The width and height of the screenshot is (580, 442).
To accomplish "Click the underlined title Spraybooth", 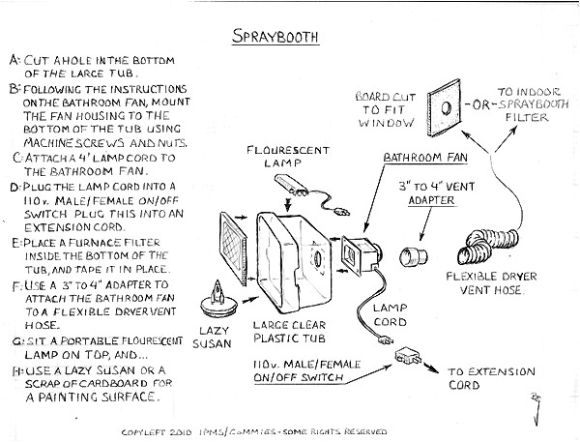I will (x=276, y=38).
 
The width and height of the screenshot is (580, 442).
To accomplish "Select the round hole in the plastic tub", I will (x=317, y=258).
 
